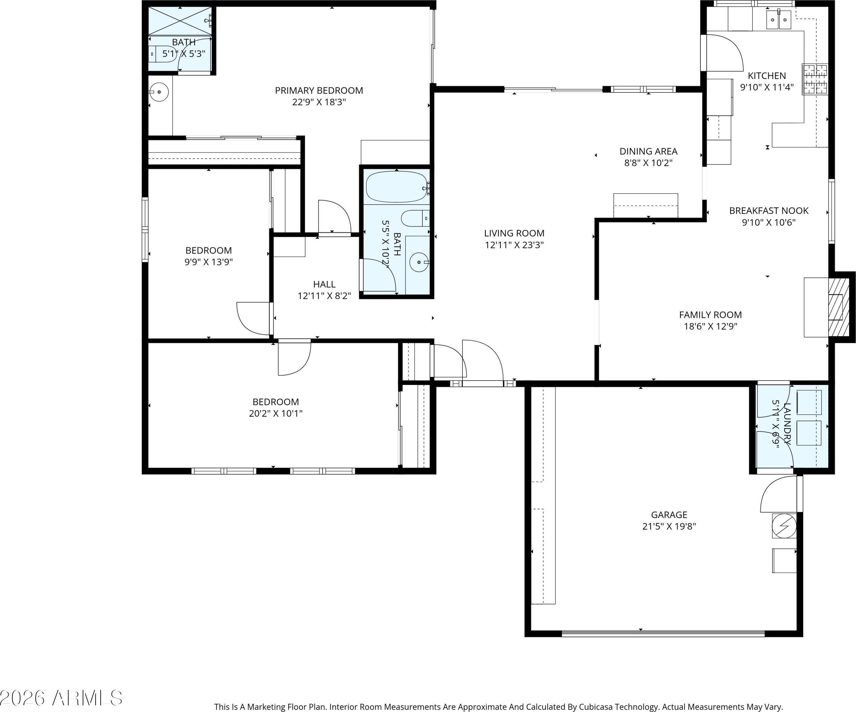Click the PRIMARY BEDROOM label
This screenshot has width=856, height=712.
tap(319, 90)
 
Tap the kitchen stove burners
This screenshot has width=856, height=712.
tap(815, 79)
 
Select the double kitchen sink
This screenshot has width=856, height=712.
tap(779, 20)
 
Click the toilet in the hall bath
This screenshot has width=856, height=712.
tap(415, 218)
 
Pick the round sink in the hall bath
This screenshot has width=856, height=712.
tap(419, 262)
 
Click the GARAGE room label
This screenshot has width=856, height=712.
tap(669, 515)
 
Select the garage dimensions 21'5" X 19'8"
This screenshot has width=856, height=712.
tap(669, 526)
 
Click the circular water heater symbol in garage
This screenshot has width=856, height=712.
tap(784, 526)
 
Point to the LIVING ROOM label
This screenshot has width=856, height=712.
tap(514, 233)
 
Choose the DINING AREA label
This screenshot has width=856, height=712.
tap(648, 151)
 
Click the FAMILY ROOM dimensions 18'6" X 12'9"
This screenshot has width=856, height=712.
tap(710, 326)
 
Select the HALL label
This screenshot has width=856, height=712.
tap(324, 284)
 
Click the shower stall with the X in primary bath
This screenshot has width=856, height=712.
tap(180, 20)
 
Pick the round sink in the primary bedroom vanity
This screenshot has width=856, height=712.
tap(159, 92)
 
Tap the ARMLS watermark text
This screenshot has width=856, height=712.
tap(87, 699)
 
